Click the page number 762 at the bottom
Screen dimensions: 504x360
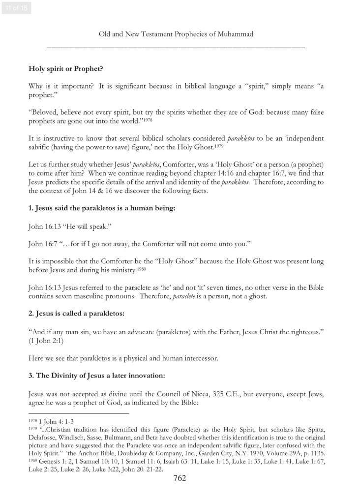point(180,478)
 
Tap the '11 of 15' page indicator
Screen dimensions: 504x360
point(16,8)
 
